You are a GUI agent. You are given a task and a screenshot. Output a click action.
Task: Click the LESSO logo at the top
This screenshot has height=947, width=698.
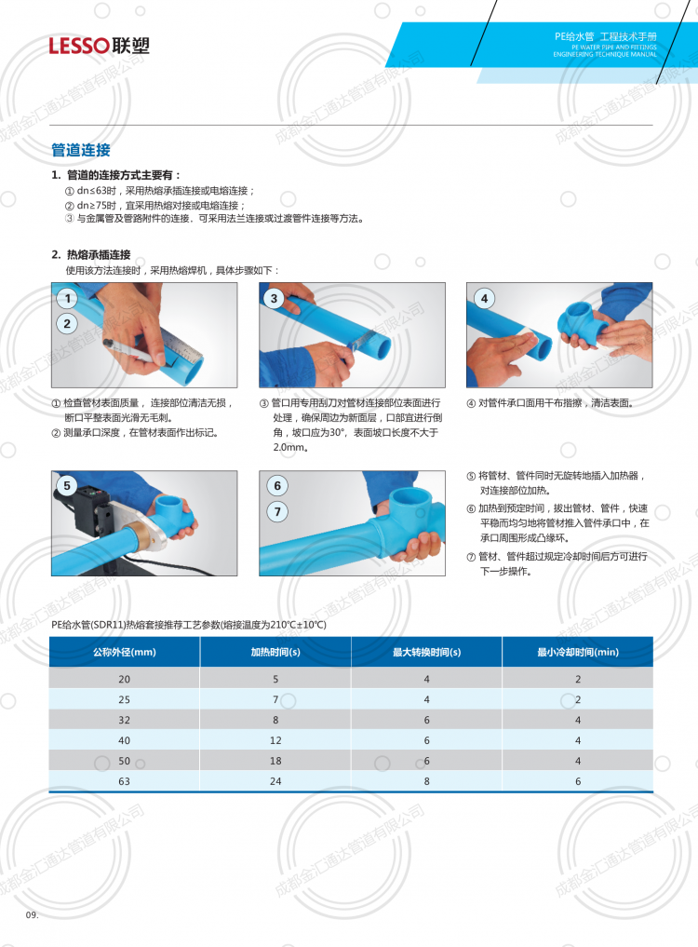point(99,46)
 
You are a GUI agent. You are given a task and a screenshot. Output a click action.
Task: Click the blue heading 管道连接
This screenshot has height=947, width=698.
point(81,150)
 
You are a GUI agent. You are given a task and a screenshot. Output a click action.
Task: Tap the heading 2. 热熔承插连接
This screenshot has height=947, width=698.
point(90,254)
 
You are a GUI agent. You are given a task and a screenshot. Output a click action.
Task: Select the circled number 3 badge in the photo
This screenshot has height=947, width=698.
point(275,298)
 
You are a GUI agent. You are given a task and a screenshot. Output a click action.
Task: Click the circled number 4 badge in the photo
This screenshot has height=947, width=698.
point(484,298)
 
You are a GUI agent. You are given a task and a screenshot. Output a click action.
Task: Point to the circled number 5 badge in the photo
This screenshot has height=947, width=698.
point(67,485)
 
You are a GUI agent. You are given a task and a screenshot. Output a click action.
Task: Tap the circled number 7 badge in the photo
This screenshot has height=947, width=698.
point(277,512)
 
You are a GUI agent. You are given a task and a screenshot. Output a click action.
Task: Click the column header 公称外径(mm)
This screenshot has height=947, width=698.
point(125,652)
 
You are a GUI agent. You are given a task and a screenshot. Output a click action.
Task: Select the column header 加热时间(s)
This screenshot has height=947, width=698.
point(275,652)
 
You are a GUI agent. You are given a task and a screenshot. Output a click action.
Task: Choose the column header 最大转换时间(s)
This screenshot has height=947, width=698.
point(427,652)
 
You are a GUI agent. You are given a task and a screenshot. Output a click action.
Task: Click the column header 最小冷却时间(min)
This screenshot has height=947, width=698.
point(578,652)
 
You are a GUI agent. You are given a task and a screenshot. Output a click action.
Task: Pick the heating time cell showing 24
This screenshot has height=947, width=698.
point(275,781)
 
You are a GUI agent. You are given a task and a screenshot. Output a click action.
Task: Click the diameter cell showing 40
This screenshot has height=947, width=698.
point(125,740)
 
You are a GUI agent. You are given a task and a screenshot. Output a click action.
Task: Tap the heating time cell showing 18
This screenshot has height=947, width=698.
point(275,761)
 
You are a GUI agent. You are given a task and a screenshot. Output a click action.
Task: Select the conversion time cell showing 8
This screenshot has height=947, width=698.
point(427,781)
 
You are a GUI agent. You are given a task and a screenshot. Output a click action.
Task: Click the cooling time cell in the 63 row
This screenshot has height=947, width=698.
point(578,781)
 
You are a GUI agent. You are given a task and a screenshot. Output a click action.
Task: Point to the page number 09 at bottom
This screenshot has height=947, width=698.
point(32,915)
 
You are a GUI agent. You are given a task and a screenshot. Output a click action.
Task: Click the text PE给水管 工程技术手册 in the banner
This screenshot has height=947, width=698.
point(606,36)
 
